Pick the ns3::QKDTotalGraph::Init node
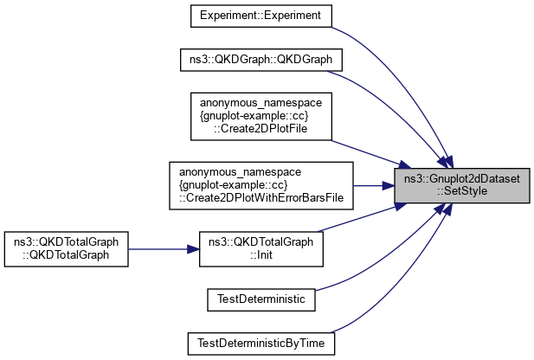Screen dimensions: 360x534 pos(261,248)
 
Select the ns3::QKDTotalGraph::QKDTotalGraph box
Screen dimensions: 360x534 pos(67,248)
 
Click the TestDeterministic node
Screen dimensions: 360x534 pos(261,299)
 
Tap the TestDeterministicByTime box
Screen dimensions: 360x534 pos(261,342)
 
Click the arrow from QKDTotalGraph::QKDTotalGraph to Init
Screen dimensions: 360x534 pos(164,248)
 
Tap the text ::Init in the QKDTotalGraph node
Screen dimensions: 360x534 pos(261,255)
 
